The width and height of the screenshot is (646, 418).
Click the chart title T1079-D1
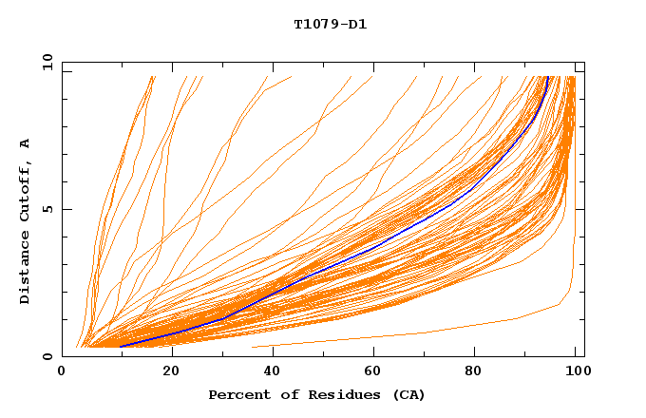330,25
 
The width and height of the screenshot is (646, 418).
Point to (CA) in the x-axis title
407,395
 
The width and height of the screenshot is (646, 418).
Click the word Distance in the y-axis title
26,268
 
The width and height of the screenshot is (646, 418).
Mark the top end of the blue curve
548,77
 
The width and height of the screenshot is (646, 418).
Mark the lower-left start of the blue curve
121,347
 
